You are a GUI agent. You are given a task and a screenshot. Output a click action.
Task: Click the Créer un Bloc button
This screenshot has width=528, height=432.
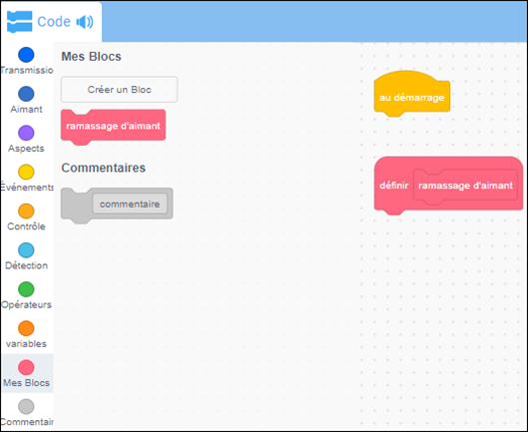coord(119,90)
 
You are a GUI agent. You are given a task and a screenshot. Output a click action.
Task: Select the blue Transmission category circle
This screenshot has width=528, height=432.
coord(26,55)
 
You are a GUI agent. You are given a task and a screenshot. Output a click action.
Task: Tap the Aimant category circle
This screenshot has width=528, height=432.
coord(26,94)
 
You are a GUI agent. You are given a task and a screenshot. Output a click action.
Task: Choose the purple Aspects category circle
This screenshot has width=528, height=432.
coord(26,133)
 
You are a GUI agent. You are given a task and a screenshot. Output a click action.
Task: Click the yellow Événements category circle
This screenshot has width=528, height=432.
coord(26,172)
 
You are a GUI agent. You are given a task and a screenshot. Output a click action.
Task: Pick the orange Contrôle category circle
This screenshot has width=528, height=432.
coord(26,212)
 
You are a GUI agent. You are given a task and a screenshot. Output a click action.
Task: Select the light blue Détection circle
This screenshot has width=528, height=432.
coord(26,250)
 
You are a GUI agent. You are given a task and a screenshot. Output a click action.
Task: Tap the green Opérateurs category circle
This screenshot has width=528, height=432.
coord(26,289)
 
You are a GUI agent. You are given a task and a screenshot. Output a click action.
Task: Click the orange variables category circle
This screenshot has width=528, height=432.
coord(26,328)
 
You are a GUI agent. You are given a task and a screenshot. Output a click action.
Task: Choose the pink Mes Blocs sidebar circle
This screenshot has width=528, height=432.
coord(26,367)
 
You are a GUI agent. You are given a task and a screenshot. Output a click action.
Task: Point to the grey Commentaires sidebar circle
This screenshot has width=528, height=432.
coord(26,406)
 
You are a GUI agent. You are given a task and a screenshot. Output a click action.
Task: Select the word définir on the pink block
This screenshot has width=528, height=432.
coord(393,186)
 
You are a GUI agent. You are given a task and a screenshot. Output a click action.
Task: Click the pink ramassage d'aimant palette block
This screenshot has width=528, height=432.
coord(113,127)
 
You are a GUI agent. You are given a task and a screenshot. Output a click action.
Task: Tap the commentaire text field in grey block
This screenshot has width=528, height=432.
coord(130,204)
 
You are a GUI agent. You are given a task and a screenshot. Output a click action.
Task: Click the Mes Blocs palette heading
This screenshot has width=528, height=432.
coord(91,57)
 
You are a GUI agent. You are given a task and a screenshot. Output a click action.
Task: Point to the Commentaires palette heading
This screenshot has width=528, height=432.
coord(104,168)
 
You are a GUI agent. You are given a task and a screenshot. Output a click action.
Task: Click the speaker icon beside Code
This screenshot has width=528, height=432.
coord(85,22)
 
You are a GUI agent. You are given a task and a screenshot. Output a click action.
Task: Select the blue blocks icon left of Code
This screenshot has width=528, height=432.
coord(20,22)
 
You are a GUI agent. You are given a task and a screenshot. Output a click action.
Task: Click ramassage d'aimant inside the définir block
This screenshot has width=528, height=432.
coord(465,186)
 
